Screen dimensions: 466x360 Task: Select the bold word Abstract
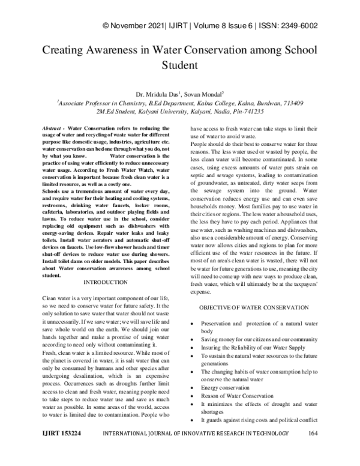54,129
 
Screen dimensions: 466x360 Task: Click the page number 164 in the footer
313,449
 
